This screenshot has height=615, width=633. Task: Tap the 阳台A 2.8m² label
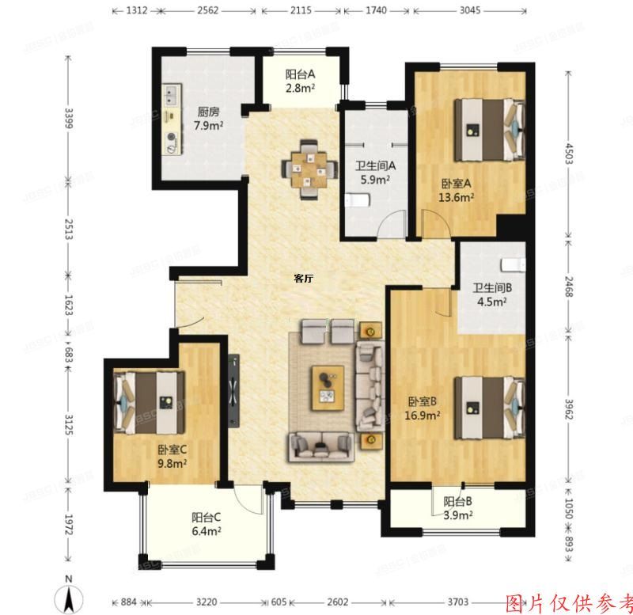[x=300, y=82]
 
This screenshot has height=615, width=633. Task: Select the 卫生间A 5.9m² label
[x=374, y=173]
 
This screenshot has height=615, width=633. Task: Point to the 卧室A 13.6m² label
[x=457, y=191]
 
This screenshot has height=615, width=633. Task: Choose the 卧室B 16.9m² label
[x=424, y=407]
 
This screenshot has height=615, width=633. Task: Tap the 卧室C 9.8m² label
[x=172, y=457]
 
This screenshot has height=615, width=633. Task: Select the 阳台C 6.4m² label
[x=206, y=524]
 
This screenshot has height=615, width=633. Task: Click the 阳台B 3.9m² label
[x=457, y=507]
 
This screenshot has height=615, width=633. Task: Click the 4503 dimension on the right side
[x=566, y=152]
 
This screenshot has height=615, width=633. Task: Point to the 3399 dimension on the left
[x=68, y=123]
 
